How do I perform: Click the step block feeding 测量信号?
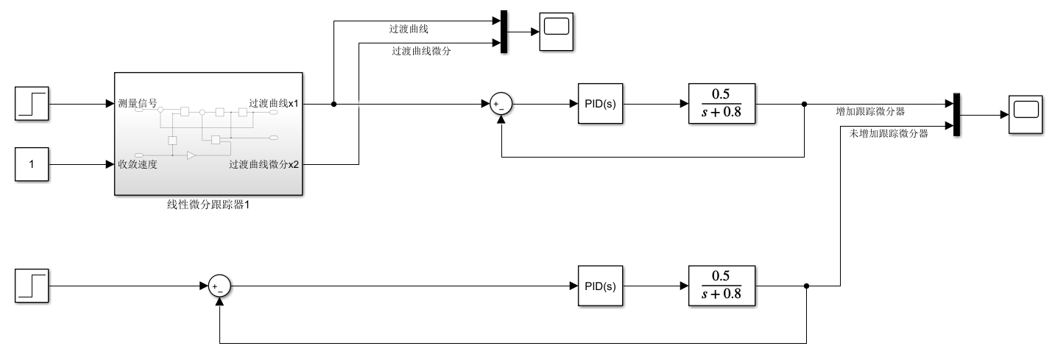pos(32,104)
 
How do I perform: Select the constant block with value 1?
pos(32,164)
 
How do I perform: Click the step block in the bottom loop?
pos(32,286)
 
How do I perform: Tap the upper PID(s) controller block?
pos(599,105)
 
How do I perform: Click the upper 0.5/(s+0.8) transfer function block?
pos(721,104)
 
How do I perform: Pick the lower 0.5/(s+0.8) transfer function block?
pos(721,286)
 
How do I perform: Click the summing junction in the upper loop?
pos(501,105)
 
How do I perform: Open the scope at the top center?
pos(558,32)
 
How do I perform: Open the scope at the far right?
pos(1026,115)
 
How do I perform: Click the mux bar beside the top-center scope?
pos(504,32)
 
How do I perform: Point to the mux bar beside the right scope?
pos(957,115)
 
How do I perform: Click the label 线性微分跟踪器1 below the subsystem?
pos(208,205)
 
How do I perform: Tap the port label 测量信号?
pos(137,103)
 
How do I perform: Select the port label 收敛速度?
pos(137,163)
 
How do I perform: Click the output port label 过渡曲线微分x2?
pos(264,164)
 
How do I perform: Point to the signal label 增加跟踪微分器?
pos(870,112)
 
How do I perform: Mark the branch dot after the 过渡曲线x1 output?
pos(334,105)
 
